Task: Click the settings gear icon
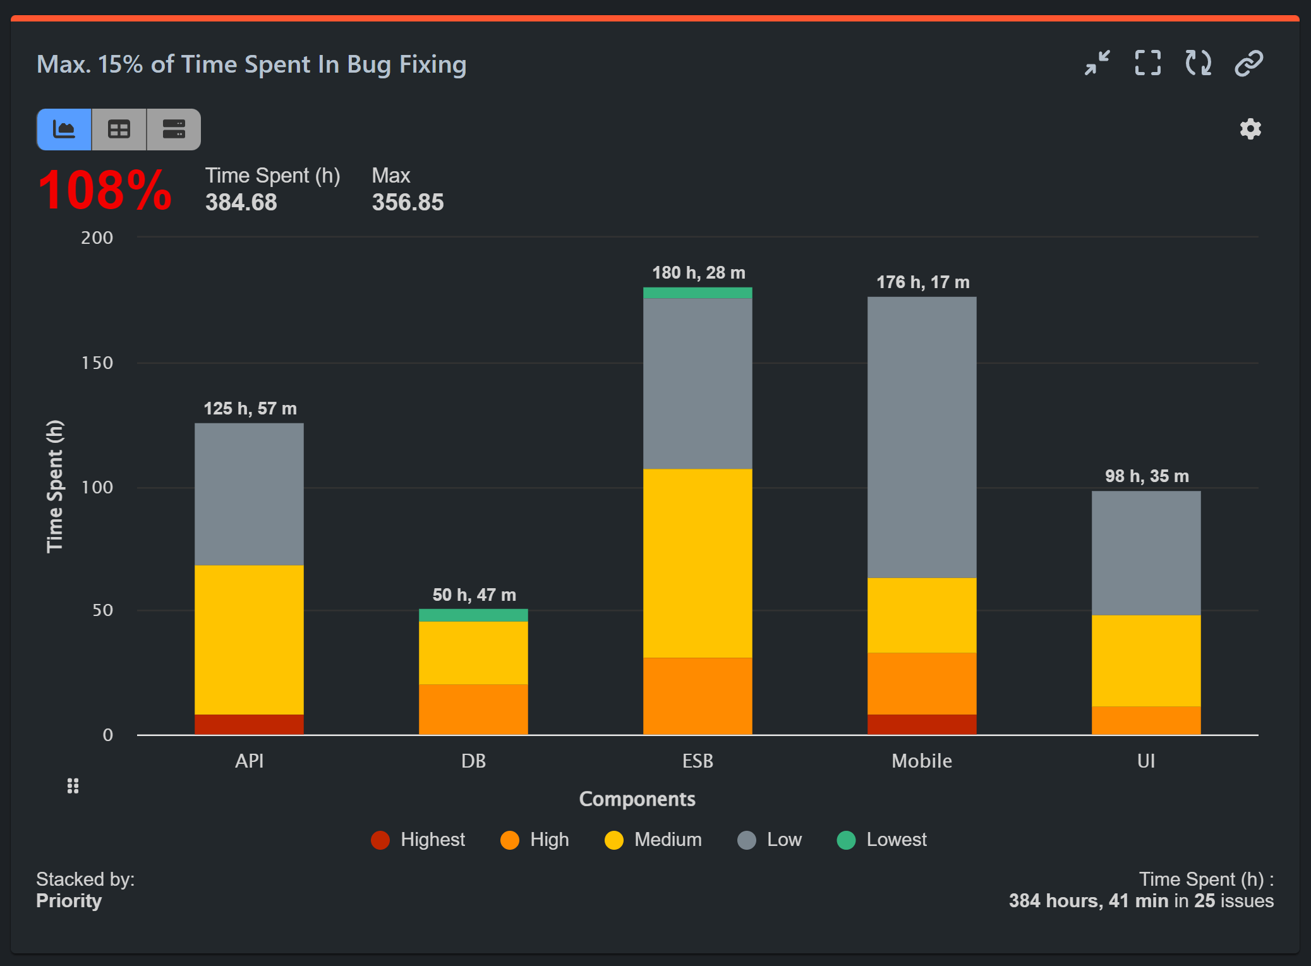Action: click(x=1250, y=129)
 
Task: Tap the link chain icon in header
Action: click(x=1248, y=63)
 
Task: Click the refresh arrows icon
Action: click(x=1198, y=63)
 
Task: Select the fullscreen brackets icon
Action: click(x=1147, y=63)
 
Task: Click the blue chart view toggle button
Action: click(x=64, y=130)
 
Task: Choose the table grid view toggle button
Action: click(x=119, y=130)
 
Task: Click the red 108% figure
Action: click(x=104, y=190)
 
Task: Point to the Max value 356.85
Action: click(x=408, y=203)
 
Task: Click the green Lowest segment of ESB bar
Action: click(x=698, y=293)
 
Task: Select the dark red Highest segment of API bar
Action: click(x=249, y=724)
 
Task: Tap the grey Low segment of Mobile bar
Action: click(x=921, y=437)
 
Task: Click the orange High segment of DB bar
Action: click(x=473, y=709)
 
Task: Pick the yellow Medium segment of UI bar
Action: click(x=1145, y=660)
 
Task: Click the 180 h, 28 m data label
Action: click(x=698, y=273)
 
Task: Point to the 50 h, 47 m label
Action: click(x=474, y=595)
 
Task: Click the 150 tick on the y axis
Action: click(x=97, y=363)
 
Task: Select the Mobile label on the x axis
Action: click(x=921, y=761)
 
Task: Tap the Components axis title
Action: click(x=637, y=799)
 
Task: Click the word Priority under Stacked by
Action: click(x=69, y=901)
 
